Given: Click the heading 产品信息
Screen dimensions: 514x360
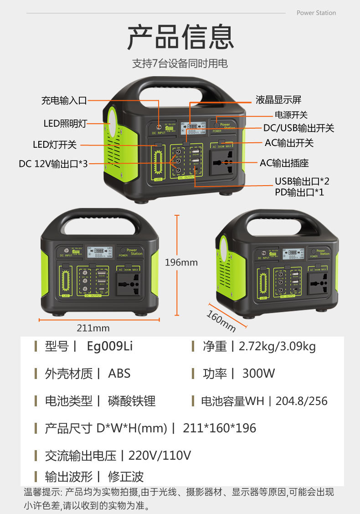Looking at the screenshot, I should point(180,37).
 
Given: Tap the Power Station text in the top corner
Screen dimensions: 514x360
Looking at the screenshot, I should point(316,13).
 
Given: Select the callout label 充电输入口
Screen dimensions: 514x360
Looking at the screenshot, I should point(64,101).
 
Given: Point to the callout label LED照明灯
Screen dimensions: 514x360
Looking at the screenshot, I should point(65,123).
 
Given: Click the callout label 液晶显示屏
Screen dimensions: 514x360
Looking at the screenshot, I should point(278,100).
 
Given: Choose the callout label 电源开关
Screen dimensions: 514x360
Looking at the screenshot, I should point(291,114).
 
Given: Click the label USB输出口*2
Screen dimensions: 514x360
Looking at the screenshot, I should point(302,181).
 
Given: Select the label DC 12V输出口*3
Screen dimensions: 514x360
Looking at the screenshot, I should point(53,163).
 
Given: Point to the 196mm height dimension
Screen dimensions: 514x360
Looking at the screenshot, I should point(181,263).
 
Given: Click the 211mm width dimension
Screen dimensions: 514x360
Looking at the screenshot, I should point(93,328).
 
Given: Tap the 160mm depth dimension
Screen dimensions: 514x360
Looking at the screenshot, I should point(221,321).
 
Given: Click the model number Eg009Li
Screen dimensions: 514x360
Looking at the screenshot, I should point(110,346).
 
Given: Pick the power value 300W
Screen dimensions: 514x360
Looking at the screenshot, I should point(258,374).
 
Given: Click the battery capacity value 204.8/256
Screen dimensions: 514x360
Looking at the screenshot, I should point(302,401).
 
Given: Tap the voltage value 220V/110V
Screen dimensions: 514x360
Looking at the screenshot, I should point(159,455).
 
